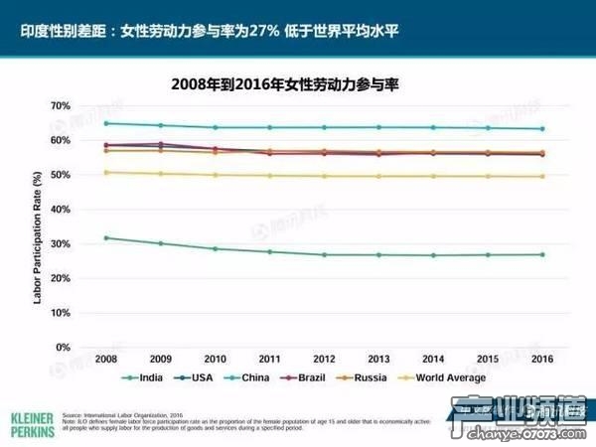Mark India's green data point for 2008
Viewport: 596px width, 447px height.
point(105,237)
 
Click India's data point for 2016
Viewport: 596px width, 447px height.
point(541,254)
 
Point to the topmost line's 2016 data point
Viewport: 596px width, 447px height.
point(541,128)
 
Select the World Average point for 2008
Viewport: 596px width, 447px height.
point(105,173)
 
